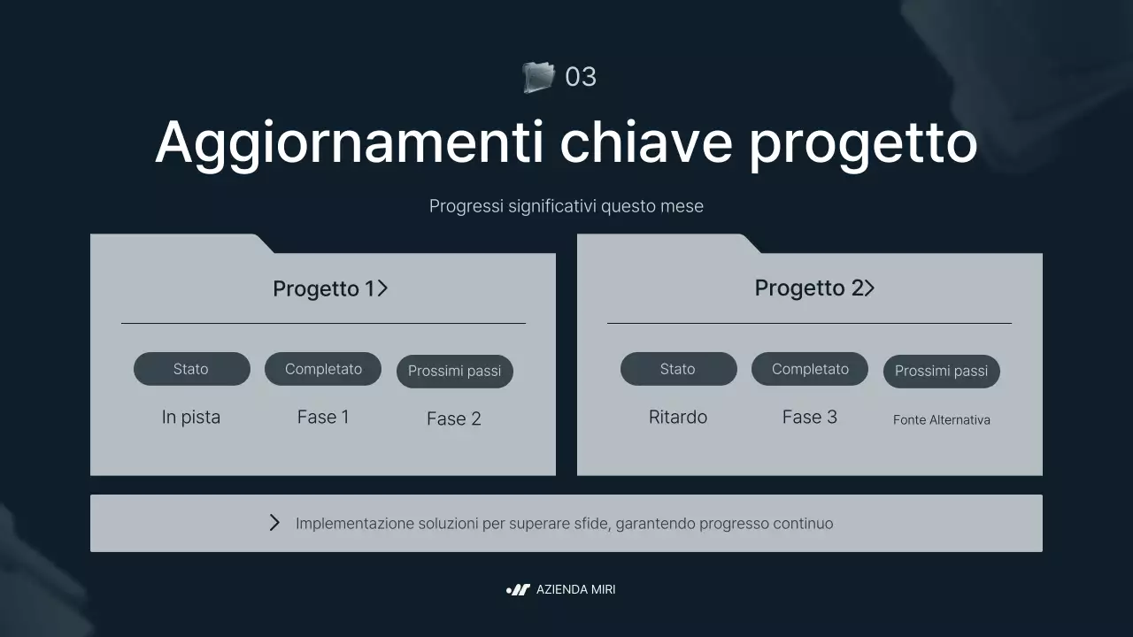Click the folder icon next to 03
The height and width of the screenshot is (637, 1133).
click(538, 77)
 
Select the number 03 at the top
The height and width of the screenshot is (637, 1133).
click(581, 77)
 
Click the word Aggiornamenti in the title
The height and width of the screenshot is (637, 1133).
click(349, 142)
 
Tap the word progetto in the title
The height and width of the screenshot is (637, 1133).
click(863, 142)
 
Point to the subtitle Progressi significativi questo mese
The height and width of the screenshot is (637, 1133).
click(566, 206)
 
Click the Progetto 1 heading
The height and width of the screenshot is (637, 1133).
click(324, 288)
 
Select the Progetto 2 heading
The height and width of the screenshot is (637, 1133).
click(808, 288)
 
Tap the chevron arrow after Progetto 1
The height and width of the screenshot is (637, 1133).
click(382, 288)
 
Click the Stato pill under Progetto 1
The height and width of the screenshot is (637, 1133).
click(191, 369)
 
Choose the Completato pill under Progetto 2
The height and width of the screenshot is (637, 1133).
click(810, 369)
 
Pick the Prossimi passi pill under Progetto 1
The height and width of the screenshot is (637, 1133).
click(454, 372)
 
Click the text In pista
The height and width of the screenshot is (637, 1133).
click(191, 417)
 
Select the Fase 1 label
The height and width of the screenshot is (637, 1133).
click(323, 417)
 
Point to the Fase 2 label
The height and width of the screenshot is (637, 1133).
click(454, 418)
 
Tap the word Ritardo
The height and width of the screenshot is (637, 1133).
click(678, 417)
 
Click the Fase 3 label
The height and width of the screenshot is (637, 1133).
click(810, 417)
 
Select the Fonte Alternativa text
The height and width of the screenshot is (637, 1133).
click(942, 419)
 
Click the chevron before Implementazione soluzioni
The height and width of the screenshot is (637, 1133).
click(274, 523)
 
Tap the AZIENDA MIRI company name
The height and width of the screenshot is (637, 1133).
click(575, 589)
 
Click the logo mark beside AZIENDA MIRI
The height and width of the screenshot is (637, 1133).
click(518, 589)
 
